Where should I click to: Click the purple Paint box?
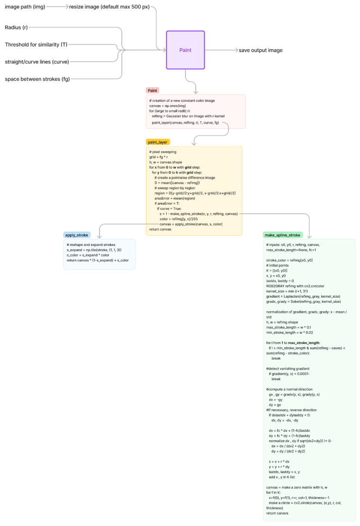(185, 50)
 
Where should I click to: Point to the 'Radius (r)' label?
(16, 27)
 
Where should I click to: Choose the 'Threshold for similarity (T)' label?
(36, 45)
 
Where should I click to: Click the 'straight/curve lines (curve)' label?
(37, 62)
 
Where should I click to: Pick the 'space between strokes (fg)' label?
(37, 79)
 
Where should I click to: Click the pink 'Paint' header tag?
(153, 90)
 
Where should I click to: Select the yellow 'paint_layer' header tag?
(158, 142)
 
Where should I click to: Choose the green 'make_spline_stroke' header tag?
(283, 235)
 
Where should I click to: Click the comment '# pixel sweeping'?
(162, 152)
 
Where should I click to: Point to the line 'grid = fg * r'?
(159, 157)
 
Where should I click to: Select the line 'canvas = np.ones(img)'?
(168, 106)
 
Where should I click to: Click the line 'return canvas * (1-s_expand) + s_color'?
(98, 260)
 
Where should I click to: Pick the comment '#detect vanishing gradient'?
(288, 368)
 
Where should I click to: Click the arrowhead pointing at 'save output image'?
(234, 50)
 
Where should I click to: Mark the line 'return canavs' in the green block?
(278, 513)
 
